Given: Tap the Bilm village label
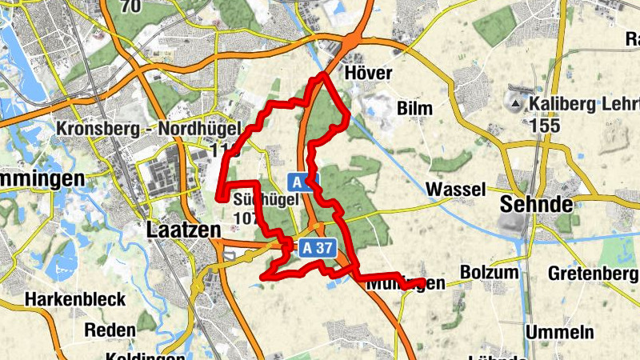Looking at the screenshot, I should [x=414, y=108].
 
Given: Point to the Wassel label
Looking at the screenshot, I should [x=456, y=190].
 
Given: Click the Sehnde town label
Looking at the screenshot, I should [x=536, y=204].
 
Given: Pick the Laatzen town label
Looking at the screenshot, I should [x=184, y=230].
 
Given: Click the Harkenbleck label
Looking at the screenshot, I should [x=75, y=299].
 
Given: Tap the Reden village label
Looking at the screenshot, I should [x=110, y=330].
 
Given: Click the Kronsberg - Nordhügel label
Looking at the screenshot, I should [x=137, y=128].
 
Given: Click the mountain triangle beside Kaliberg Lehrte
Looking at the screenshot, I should [x=515, y=104].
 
